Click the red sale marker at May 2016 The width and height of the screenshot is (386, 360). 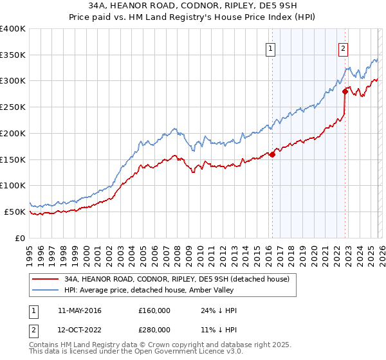[272, 154]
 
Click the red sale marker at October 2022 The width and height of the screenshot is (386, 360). [345, 91]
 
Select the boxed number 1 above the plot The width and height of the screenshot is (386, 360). [270, 48]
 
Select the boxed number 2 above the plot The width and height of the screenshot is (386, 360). [344, 48]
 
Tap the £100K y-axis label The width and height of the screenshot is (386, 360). [13, 185]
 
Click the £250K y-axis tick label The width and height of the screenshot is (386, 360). [13, 107]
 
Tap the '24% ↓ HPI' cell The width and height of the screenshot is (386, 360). [219, 310]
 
